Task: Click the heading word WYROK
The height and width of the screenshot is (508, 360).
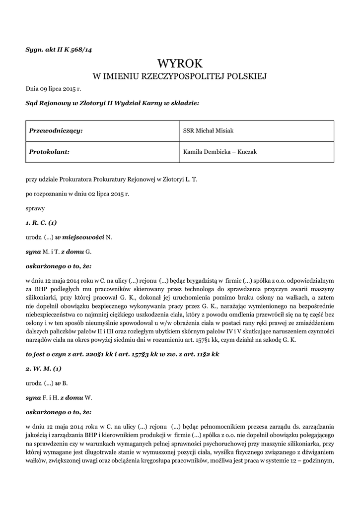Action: [180, 63]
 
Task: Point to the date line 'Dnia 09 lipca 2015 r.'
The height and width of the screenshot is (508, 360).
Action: [53, 89]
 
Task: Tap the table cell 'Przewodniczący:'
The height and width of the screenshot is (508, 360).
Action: [56, 131]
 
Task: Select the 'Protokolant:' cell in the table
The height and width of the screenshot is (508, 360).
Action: [49, 152]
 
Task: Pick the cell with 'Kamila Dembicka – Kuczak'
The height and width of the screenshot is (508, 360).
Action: [220, 152]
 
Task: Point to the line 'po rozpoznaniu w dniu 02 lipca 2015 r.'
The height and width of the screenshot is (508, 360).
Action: [77, 194]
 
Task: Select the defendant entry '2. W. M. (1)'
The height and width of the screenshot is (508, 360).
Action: [44, 369]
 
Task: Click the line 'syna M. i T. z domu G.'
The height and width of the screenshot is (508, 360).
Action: [59, 252]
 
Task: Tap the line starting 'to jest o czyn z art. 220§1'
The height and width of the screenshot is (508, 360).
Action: [122, 354]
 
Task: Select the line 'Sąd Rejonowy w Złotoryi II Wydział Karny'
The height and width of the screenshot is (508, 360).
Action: [112, 104]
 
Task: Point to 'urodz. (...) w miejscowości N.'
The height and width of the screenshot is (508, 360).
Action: [69, 237]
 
